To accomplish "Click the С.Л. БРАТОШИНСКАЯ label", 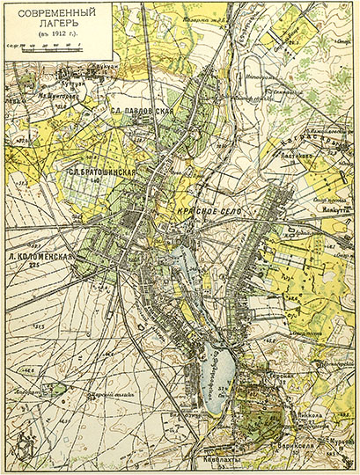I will (102, 172).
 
